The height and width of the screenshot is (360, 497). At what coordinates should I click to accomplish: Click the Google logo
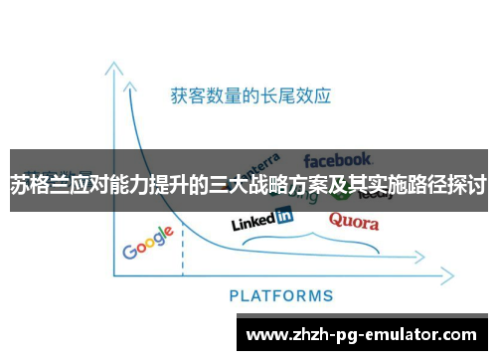click(x=148, y=242)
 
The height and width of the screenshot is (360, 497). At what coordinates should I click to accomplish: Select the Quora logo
click(x=353, y=219)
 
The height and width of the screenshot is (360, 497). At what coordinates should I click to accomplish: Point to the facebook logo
click(x=338, y=159)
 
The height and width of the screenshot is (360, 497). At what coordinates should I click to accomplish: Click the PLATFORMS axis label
click(x=281, y=295)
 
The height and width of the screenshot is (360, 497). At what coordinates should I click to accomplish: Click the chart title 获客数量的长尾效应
click(x=250, y=96)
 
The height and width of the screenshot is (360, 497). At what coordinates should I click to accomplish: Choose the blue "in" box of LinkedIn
click(x=283, y=214)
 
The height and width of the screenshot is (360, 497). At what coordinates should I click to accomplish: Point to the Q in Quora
click(x=336, y=219)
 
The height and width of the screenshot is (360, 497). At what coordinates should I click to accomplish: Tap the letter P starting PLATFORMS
click(x=235, y=295)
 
